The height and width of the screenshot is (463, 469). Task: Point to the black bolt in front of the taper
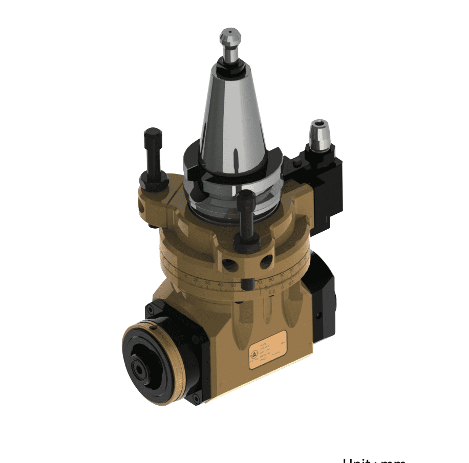247,215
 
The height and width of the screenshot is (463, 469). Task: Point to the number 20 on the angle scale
196,280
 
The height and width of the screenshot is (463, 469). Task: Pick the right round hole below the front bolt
265,262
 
